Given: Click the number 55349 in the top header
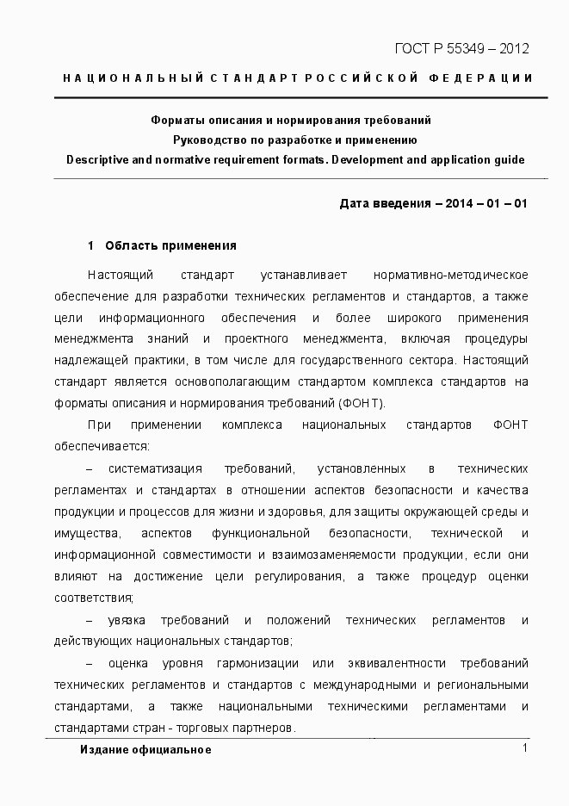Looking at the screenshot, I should click(461, 48).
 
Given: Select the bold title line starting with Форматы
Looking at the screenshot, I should click(291, 121).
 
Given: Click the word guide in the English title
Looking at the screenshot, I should click(507, 159).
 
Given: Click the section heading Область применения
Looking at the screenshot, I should click(170, 246).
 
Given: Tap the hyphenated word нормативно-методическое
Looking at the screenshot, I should click(450, 276).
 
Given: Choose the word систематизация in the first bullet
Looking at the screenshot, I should click(155, 469).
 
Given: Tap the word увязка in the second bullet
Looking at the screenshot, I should click(128, 621).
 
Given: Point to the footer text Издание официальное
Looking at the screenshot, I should click(145, 750).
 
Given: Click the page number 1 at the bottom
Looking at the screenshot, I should click(523, 748).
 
